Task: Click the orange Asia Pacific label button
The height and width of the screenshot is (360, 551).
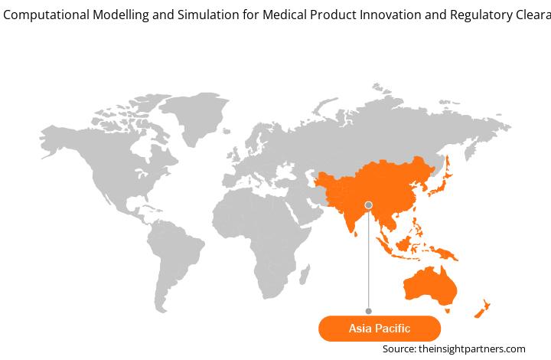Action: [380, 329]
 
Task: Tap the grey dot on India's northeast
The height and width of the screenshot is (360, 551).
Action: [369, 205]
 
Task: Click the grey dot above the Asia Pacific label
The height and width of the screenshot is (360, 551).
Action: [369, 311]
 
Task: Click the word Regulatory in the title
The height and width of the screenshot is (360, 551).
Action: [481, 15]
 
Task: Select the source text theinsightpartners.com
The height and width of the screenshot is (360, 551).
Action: [472, 349]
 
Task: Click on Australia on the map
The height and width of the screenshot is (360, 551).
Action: [430, 286]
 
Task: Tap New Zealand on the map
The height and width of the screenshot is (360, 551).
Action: [482, 309]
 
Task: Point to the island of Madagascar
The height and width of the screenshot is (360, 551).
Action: [305, 274]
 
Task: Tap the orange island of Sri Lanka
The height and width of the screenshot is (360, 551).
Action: [356, 234]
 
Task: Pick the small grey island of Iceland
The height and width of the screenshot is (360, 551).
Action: [227, 131]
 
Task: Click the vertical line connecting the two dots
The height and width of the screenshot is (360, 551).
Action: [369, 258]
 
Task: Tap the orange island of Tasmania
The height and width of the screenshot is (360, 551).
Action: [448, 311]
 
